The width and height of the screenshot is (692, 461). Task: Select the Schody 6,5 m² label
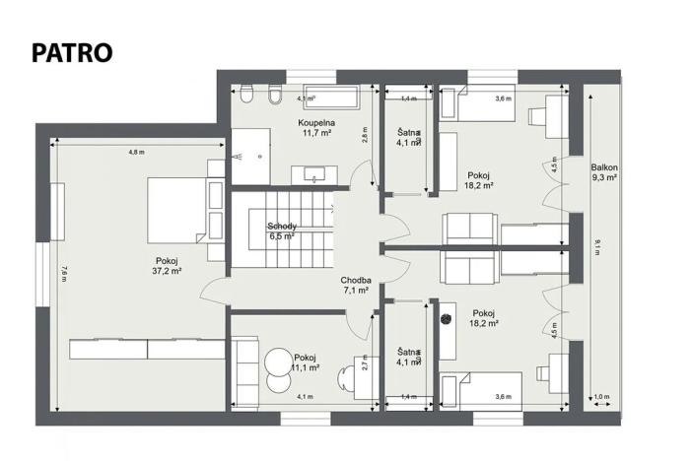click(282, 231)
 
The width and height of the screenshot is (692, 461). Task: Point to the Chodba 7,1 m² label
click(354, 285)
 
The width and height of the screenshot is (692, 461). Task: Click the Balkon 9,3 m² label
click(603, 172)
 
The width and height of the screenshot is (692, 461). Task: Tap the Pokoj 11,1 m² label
click(305, 362)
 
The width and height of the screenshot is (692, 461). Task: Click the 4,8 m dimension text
click(136, 153)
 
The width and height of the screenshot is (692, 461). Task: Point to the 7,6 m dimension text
click(63, 275)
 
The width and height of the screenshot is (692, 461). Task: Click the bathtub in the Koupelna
click(326, 98)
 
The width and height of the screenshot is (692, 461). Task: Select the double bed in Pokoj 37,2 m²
click(177, 208)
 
